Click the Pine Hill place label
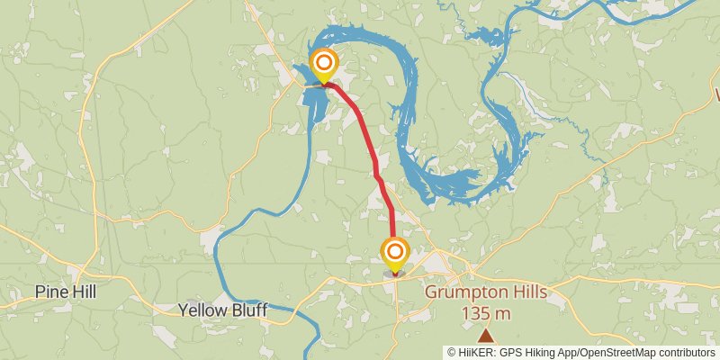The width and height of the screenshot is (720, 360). point(65,292)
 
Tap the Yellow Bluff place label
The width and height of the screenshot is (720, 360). point(220,310)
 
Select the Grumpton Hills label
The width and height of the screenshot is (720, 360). point(485,292)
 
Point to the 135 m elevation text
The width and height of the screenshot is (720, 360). point(486,313)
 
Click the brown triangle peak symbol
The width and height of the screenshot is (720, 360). point(486,336)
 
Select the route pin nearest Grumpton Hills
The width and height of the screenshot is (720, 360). point(394,252)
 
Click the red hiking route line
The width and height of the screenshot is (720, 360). point(369,135)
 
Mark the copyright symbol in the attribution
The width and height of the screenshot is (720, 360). point(453,353)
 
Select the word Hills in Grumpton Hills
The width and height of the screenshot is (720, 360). point(527,292)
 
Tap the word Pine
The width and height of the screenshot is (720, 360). point(50,292)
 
